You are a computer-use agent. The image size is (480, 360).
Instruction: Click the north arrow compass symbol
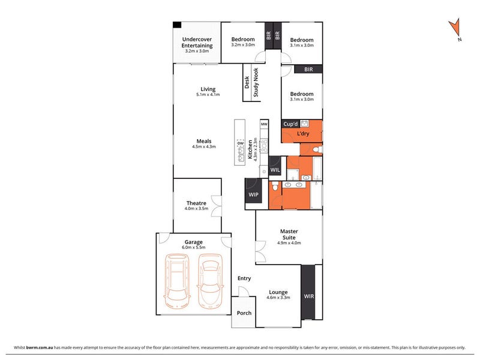455,28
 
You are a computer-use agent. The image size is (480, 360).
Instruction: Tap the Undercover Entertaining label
197,42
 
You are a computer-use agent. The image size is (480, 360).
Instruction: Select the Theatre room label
196,203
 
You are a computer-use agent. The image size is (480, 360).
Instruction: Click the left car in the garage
177,280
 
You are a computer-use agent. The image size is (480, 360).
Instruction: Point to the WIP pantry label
253,194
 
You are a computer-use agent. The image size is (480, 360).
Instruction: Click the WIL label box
275,170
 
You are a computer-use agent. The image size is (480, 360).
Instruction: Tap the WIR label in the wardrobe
308,296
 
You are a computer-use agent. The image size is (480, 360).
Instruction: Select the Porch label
244,313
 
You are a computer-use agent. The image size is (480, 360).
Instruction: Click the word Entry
244,278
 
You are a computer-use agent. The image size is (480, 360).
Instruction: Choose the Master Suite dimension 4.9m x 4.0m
289,243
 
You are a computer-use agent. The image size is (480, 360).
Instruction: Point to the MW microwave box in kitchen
264,124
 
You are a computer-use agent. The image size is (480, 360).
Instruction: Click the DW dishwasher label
241,143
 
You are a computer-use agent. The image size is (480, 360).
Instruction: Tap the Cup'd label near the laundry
290,124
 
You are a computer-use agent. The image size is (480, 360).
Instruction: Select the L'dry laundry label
303,133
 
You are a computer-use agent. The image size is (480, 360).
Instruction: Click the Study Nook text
256,82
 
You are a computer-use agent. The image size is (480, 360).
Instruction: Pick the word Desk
247,82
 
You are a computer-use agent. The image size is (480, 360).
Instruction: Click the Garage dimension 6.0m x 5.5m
193,247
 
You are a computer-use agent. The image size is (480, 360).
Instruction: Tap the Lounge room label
278,292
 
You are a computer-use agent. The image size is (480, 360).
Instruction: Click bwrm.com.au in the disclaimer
40,347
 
